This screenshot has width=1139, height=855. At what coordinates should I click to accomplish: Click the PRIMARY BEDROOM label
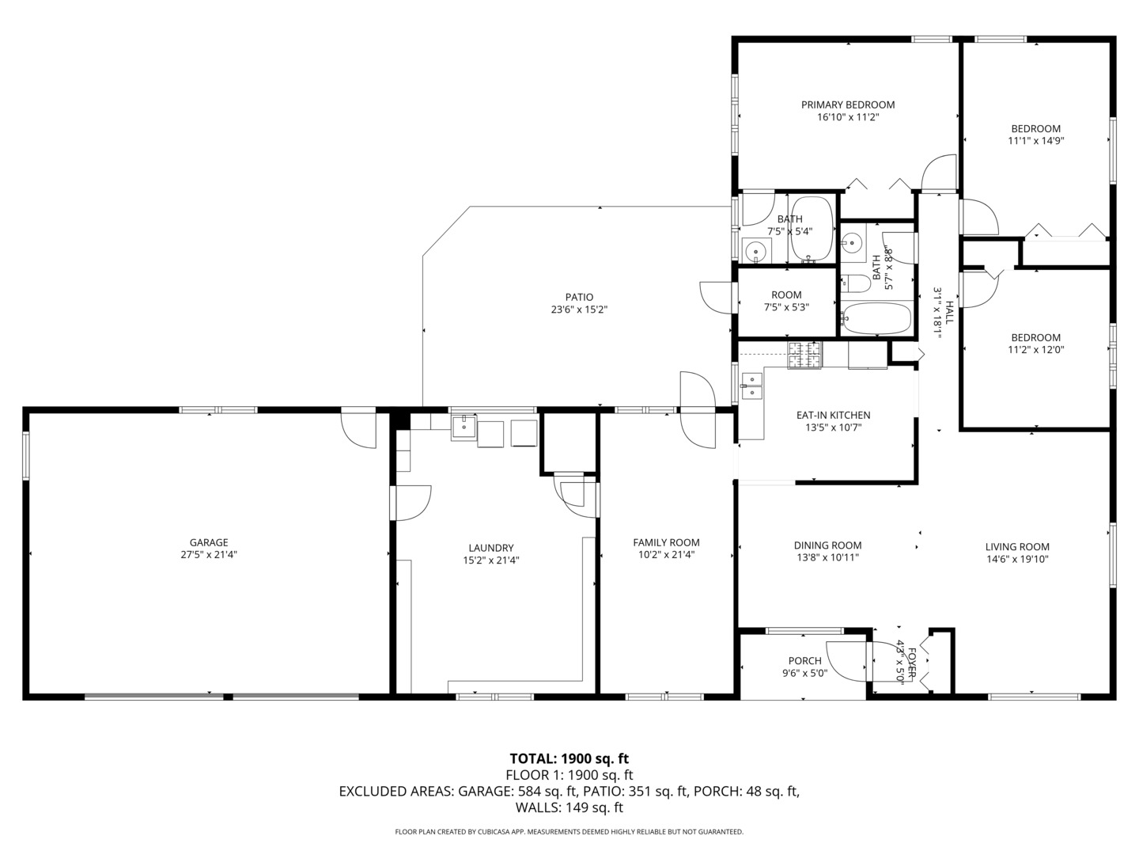point(848,104)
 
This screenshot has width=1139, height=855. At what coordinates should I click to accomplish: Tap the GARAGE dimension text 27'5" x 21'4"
point(209,555)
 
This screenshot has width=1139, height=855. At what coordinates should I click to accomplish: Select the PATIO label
point(579,297)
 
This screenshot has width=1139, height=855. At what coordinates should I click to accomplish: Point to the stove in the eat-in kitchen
point(804,355)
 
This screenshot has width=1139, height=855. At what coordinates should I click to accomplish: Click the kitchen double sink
point(751,386)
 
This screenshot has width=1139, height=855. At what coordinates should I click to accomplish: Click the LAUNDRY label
point(490,548)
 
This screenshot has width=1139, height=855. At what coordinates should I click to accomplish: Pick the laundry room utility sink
point(463,427)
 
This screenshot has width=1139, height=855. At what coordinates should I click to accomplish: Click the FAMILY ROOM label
point(666,542)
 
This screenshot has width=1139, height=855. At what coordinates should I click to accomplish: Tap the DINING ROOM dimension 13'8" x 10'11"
point(827,557)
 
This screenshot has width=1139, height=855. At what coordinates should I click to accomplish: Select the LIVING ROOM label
point(1017,546)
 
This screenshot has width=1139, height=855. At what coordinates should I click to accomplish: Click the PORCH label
point(804,661)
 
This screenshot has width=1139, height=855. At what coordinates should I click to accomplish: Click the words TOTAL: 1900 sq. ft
point(569,758)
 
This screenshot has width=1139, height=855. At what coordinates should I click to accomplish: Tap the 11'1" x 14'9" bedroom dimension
point(1035,141)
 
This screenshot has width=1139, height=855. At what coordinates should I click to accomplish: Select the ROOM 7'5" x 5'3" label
point(786,294)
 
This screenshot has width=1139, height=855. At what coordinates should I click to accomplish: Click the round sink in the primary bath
point(756,252)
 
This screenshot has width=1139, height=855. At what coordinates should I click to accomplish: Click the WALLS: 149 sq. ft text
point(569,807)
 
